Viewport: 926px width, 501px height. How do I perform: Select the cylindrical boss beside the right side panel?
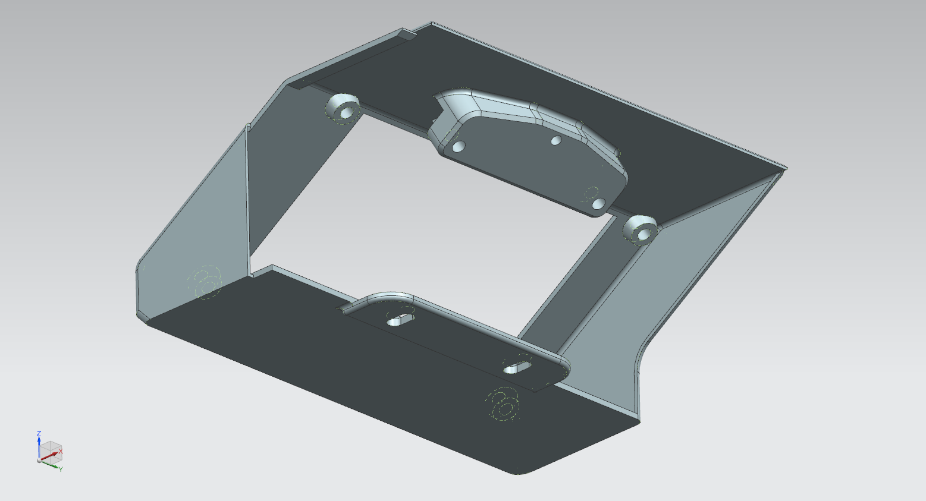641,231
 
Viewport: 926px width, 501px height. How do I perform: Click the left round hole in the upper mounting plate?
459,146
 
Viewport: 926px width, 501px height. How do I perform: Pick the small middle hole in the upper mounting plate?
557,140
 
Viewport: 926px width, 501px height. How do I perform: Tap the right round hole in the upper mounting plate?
598,203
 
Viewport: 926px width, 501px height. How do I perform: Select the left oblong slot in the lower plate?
400,320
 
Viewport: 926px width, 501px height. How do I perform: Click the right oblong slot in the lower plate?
517,367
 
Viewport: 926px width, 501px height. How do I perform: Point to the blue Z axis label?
39,433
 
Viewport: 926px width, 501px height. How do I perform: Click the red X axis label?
60,452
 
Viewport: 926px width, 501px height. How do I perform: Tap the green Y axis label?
61,469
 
